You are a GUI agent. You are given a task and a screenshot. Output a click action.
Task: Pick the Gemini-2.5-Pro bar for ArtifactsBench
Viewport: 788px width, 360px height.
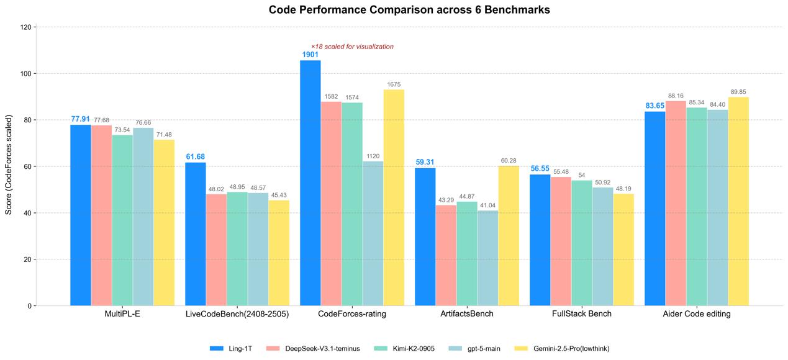coord(509,236)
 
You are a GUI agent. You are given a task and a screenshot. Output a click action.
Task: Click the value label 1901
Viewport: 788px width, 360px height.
coord(310,55)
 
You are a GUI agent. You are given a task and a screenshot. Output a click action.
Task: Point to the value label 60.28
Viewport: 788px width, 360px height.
coord(509,161)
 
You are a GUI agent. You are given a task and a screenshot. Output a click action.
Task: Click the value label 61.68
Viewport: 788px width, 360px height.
coord(196,156)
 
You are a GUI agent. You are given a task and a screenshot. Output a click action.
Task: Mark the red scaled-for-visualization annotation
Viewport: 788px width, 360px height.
coord(352,47)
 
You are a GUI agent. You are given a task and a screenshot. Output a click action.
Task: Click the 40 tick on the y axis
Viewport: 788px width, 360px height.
coord(27,213)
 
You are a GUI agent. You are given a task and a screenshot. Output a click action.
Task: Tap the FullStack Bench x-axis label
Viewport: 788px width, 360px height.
coord(582,314)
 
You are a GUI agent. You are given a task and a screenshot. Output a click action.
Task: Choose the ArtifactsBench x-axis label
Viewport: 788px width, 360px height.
coord(467,314)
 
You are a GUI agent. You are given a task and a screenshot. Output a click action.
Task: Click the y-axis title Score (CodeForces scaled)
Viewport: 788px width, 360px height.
coord(9,164)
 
